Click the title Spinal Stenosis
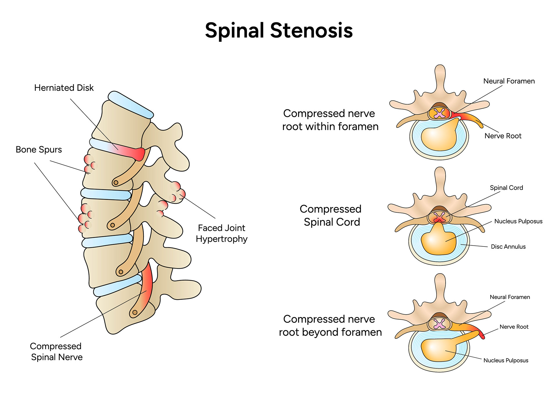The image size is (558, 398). pyautogui.click(x=279, y=30)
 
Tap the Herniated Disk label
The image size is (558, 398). pyautogui.click(x=64, y=88)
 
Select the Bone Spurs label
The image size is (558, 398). pyautogui.click(x=39, y=150)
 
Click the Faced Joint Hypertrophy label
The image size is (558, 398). pyautogui.click(x=221, y=233)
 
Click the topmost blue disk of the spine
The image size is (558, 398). pyautogui.click(x=130, y=105)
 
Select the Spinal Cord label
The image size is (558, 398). pyautogui.click(x=506, y=188)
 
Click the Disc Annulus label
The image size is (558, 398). pyautogui.click(x=508, y=247)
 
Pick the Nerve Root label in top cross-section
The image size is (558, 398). pyautogui.click(x=503, y=136)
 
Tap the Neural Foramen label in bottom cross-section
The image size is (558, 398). pyautogui.click(x=510, y=297)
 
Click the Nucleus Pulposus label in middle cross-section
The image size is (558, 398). pyautogui.click(x=518, y=221)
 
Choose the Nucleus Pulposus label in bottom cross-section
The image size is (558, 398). pyautogui.click(x=506, y=360)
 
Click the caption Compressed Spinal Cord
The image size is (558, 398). pyautogui.click(x=331, y=215)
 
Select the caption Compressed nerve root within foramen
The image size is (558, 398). pyautogui.click(x=330, y=120)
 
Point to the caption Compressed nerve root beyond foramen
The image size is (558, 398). pyautogui.click(x=330, y=325)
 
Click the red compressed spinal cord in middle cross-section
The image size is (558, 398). pyautogui.click(x=439, y=217)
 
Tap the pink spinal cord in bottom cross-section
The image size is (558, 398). pyautogui.click(x=439, y=324)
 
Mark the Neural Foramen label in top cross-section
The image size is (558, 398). pyautogui.click(x=509, y=81)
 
